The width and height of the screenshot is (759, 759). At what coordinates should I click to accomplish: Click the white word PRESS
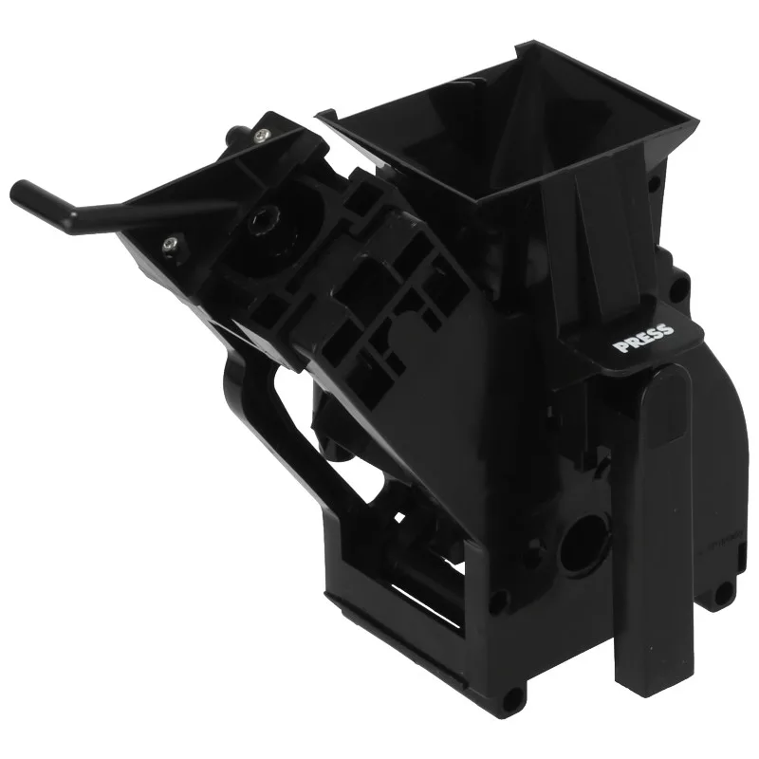tap(643, 338)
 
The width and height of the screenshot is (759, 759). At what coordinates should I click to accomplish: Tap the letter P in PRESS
tap(619, 346)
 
